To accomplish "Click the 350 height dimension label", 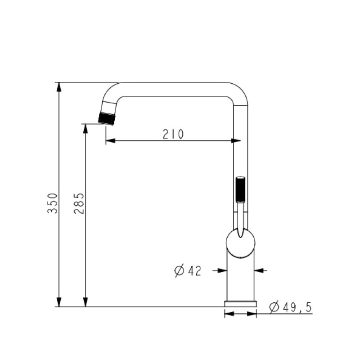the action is click(52, 203).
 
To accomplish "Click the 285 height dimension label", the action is click(79, 203).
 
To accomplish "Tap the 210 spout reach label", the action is click(173, 134).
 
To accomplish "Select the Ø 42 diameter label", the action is click(188, 271).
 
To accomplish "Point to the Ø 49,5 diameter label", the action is click(291, 307).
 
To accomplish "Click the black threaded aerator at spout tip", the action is click(107, 119).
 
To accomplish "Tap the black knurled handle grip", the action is click(240, 189).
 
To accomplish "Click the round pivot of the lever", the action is click(240, 243).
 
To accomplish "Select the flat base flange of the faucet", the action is click(240, 304).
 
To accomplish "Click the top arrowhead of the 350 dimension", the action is click(59, 87).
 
